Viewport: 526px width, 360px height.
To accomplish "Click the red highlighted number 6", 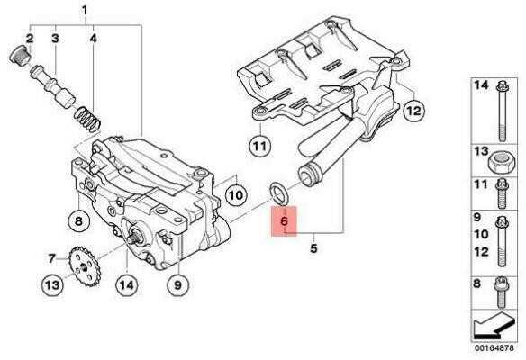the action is (284, 221).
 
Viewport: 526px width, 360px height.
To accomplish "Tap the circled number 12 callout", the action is (413, 110).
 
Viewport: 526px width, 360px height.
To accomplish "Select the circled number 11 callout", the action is (260, 146).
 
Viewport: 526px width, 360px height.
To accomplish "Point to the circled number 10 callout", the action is (236, 194).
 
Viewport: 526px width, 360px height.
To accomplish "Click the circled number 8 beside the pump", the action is (78, 220).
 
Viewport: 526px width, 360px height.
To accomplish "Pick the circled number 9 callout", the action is (177, 284).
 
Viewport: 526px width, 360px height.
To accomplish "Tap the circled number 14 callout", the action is (127, 284).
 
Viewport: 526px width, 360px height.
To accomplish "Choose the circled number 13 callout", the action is (52, 285).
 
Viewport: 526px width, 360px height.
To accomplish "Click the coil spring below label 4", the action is (86, 119).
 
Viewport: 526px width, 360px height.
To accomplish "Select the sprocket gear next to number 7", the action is (84, 265).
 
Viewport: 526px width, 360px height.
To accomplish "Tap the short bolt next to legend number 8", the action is (502, 292).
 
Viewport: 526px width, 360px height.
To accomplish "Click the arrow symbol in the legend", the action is (494, 325).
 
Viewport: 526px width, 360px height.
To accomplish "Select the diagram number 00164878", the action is (494, 348).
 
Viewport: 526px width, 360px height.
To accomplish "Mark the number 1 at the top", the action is (85, 11).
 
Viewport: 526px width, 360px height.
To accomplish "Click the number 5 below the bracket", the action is (313, 248).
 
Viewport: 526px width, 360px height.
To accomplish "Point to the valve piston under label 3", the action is (52, 86).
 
